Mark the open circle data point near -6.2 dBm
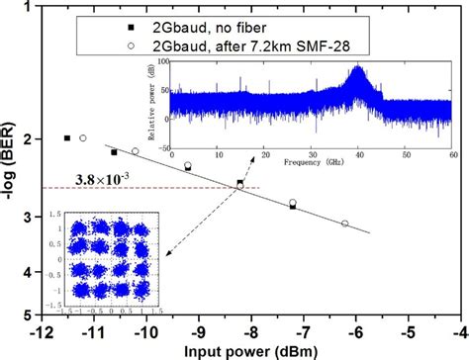click(344, 224)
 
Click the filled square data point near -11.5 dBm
click(67, 138)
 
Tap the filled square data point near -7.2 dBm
click(293, 206)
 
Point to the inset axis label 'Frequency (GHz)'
click(310, 159)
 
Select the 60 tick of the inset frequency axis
click(451, 150)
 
